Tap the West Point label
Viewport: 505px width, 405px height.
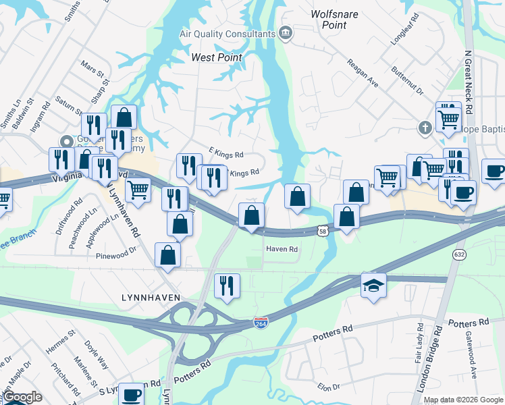tap(217, 57)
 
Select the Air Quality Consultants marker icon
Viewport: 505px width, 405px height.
tap(286, 33)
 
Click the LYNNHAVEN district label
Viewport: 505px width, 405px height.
tap(144, 297)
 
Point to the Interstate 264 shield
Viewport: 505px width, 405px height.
tap(261, 323)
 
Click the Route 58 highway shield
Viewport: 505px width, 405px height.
tap(323, 232)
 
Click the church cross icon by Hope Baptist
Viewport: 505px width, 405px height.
tap(424, 127)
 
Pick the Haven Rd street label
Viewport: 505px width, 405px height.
tap(282, 249)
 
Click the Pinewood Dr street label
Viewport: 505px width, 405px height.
tap(116, 256)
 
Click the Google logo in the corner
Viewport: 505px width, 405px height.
tap(22, 397)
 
